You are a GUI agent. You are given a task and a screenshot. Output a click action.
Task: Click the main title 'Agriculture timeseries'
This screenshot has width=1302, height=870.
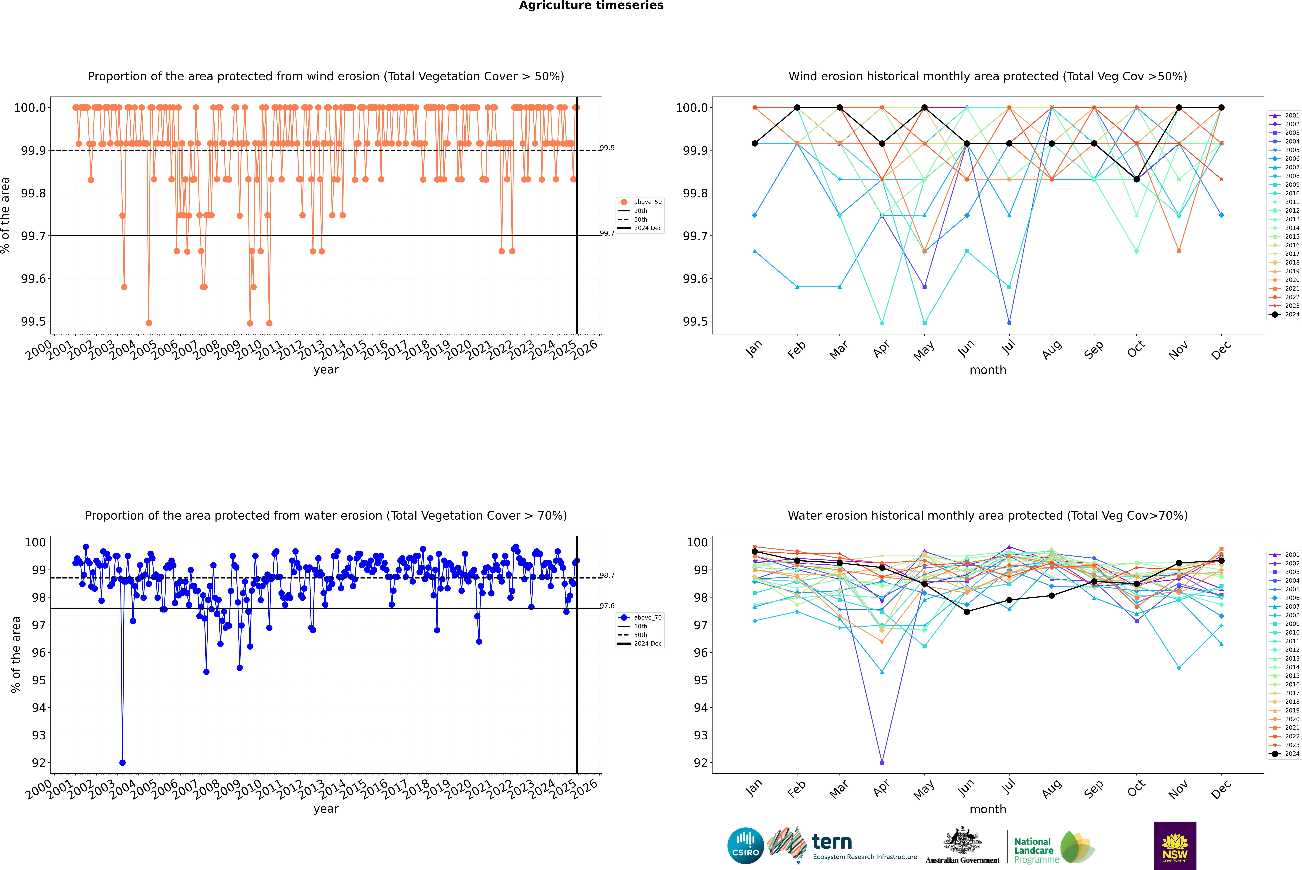[x=591, y=6]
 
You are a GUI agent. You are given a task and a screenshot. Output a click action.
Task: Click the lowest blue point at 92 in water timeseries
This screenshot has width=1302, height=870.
[x=123, y=762]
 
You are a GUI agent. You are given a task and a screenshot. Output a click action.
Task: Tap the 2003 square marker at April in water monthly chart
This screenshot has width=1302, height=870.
[x=882, y=762]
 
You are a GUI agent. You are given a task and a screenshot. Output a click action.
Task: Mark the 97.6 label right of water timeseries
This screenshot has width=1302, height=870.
[x=607, y=606]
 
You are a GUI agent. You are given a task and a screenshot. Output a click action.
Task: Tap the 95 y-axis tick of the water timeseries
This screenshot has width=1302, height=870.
[x=39, y=680]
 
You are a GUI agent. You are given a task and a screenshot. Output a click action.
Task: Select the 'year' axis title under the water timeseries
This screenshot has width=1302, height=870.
[x=326, y=809]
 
